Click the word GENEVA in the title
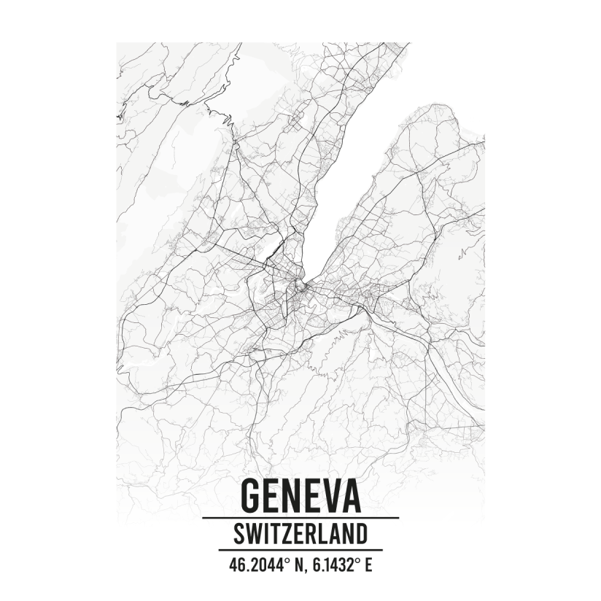tap(300, 495)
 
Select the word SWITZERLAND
tap(300, 535)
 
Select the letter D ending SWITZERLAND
tap(360, 535)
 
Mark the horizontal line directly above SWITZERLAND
tap(300, 518)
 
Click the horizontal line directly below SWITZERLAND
tap(300, 550)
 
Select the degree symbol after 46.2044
tap(280, 560)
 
